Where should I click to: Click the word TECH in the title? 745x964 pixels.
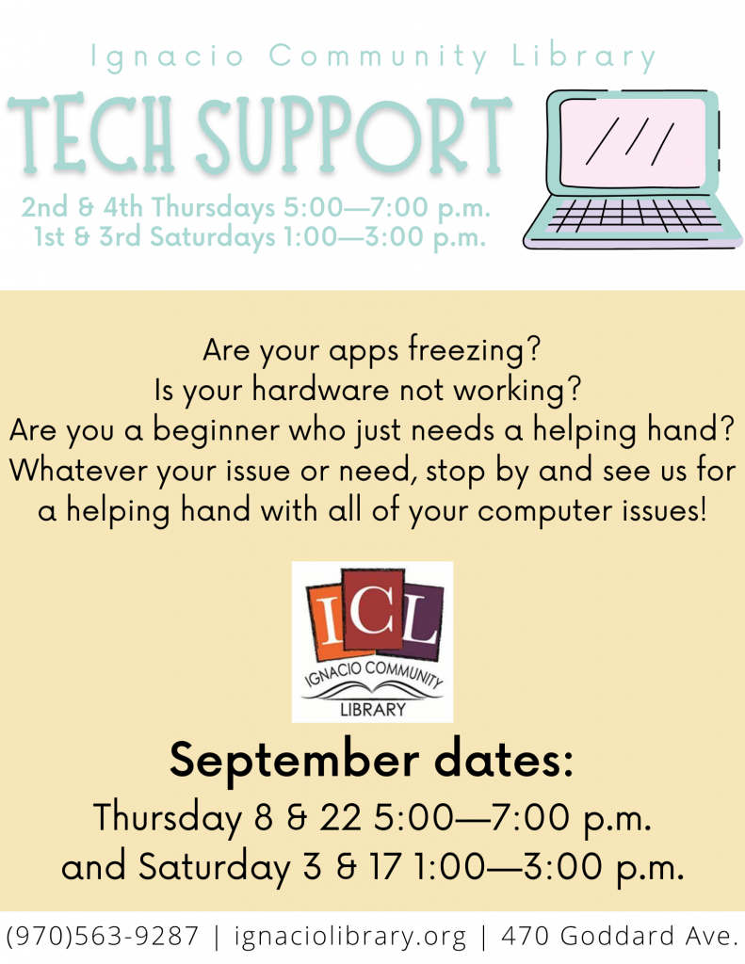[91, 133]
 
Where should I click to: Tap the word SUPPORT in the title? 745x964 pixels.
[354, 134]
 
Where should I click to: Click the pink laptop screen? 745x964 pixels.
[632, 142]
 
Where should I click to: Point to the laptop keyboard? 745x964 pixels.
[634, 216]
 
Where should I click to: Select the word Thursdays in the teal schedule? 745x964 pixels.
[214, 208]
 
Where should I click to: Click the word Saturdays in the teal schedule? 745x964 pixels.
[212, 237]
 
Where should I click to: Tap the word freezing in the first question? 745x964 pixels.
[467, 351]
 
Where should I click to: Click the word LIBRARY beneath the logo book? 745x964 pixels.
[373, 710]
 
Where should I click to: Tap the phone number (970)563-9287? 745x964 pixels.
[103, 937]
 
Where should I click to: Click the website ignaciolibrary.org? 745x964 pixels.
[350, 937]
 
